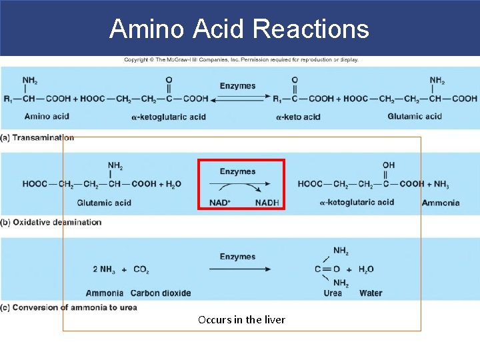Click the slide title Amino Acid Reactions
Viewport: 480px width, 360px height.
pyautogui.click(x=239, y=29)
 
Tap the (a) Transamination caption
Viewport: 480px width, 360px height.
pyautogui.click(x=37, y=137)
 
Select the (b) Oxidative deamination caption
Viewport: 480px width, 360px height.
pyautogui.click(x=51, y=222)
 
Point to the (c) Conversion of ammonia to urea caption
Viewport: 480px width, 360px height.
pyautogui.click(x=69, y=307)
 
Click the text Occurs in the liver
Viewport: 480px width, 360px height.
pyautogui.click(x=241, y=320)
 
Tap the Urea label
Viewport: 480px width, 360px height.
pyautogui.click(x=333, y=293)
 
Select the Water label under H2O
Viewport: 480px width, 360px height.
pyautogui.click(x=371, y=293)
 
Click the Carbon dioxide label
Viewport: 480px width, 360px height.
pyautogui.click(x=161, y=293)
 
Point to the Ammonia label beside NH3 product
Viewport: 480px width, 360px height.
pyautogui.click(x=441, y=203)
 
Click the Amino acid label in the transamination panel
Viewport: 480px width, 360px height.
pyautogui.click(x=47, y=117)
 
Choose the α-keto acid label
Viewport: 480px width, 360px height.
pyautogui.click(x=298, y=117)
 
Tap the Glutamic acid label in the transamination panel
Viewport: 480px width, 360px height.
pyautogui.click(x=415, y=116)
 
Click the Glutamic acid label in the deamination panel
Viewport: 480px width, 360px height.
pyautogui.click(x=104, y=203)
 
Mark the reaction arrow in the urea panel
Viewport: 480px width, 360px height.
pyautogui.click(x=240, y=269)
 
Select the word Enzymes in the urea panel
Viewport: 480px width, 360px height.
pyautogui.click(x=238, y=257)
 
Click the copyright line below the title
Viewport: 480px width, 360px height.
pyautogui.click(x=241, y=60)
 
